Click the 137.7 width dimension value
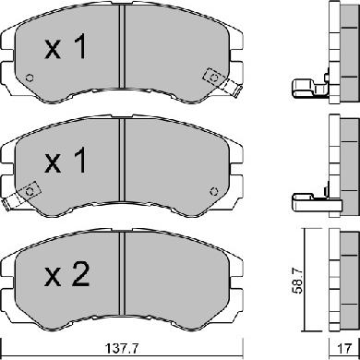point(122,349)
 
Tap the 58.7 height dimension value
point(297,281)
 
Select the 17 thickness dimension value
point(344,349)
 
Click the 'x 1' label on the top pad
point(66,46)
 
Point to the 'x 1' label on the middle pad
point(66,160)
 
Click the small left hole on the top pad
point(30,78)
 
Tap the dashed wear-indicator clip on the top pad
point(222,81)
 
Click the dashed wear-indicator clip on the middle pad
point(21,196)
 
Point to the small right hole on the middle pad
point(214,191)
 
